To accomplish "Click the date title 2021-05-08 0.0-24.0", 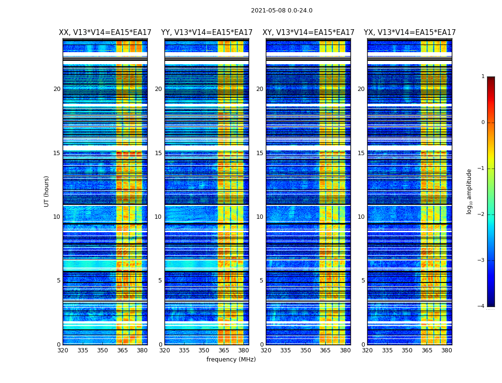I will [x=282, y=11].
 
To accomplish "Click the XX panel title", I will [x=105, y=33].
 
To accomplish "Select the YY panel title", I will [x=207, y=33].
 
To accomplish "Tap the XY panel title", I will [x=308, y=33].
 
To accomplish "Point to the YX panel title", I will [x=410, y=33].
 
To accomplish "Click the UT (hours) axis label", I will [x=47, y=191].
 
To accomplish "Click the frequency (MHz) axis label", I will [x=231, y=360].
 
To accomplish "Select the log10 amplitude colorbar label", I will [x=469, y=191].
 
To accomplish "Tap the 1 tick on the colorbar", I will [x=483, y=77].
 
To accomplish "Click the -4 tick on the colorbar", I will [x=481, y=306].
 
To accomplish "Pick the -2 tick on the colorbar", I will [x=481, y=214].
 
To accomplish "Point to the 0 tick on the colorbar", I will [x=483, y=123].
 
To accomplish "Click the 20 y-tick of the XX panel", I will [x=57, y=89].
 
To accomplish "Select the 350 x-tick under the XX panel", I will [x=102, y=350].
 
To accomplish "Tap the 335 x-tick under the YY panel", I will [x=184, y=350].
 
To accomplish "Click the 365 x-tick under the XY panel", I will [x=325, y=350].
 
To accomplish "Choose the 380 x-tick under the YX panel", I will [x=447, y=350].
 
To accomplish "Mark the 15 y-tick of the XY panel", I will [x=260, y=153].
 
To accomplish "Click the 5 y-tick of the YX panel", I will [x=363, y=281].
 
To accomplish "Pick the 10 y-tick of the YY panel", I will [x=158, y=217].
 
